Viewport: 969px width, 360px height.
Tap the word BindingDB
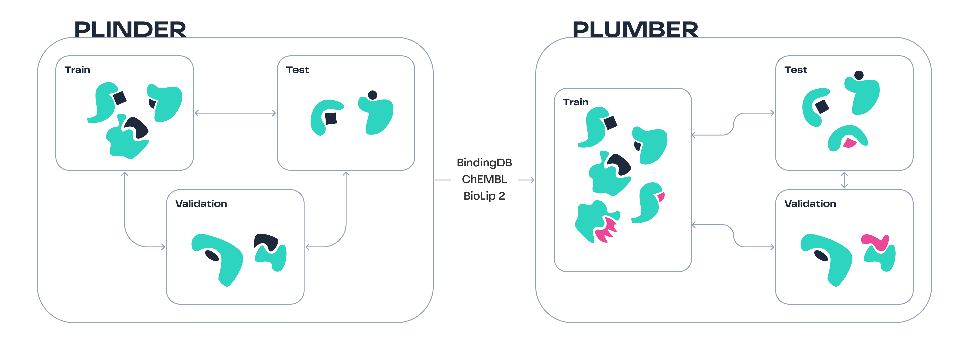484,162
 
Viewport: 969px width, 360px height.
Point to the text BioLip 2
484,196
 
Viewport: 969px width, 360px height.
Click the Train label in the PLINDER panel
78,70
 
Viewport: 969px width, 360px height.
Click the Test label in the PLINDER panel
298,70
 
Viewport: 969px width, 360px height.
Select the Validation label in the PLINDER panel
201,204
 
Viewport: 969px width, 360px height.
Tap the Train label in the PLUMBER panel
576,102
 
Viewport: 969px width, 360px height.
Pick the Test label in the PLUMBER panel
796,70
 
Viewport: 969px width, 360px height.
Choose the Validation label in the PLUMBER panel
810,204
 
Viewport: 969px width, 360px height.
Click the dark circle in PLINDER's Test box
372,95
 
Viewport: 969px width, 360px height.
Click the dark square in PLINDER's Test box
331,118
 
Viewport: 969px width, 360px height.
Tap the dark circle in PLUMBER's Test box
859,75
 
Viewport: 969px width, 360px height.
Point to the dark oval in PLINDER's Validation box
212,256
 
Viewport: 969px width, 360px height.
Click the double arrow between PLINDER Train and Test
236,113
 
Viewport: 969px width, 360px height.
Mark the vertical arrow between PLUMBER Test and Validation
844,180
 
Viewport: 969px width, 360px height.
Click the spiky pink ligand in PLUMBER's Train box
606,230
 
